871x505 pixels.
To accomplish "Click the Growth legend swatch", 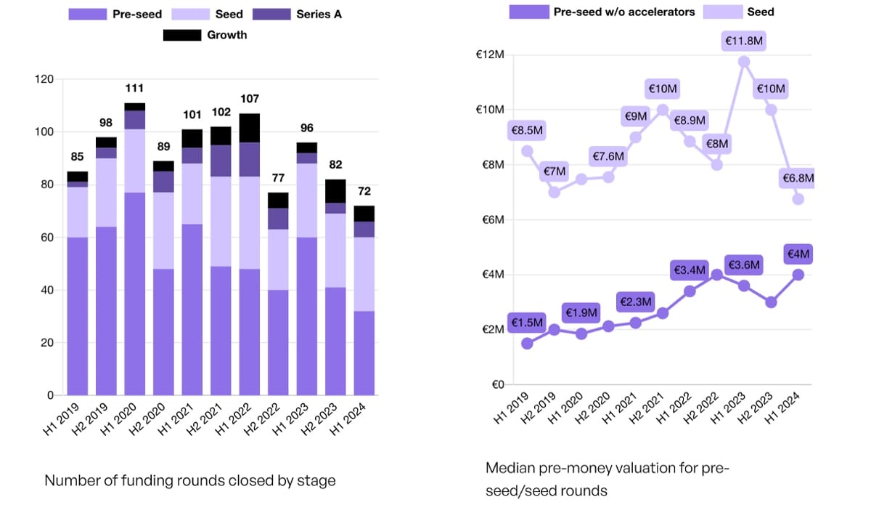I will click(x=183, y=35).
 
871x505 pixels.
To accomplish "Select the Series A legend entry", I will click(x=298, y=14).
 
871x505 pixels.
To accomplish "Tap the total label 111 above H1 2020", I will click(x=135, y=88).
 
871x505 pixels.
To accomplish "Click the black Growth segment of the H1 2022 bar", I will click(x=250, y=127).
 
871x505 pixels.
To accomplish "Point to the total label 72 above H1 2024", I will click(x=364, y=191).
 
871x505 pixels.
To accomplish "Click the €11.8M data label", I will click(x=744, y=41).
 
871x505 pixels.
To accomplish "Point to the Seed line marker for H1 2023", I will click(x=744, y=62).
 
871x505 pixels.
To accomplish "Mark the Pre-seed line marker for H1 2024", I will click(x=798, y=275).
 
